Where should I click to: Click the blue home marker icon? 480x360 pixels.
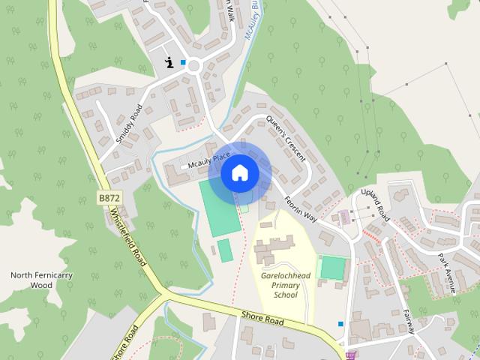point(239,172)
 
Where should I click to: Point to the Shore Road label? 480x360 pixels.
point(262,319)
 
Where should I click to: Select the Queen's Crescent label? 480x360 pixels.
point(286,139)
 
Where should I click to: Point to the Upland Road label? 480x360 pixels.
point(376,205)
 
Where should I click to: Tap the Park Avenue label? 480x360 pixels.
point(448,271)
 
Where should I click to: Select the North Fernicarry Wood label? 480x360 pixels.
point(31,280)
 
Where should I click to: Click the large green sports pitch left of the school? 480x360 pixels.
point(215,208)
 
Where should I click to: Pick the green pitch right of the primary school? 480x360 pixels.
point(333,267)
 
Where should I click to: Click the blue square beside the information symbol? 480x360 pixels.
point(183,62)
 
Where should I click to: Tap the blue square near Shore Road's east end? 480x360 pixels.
point(340,324)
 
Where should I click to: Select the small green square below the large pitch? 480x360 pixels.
point(225,250)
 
